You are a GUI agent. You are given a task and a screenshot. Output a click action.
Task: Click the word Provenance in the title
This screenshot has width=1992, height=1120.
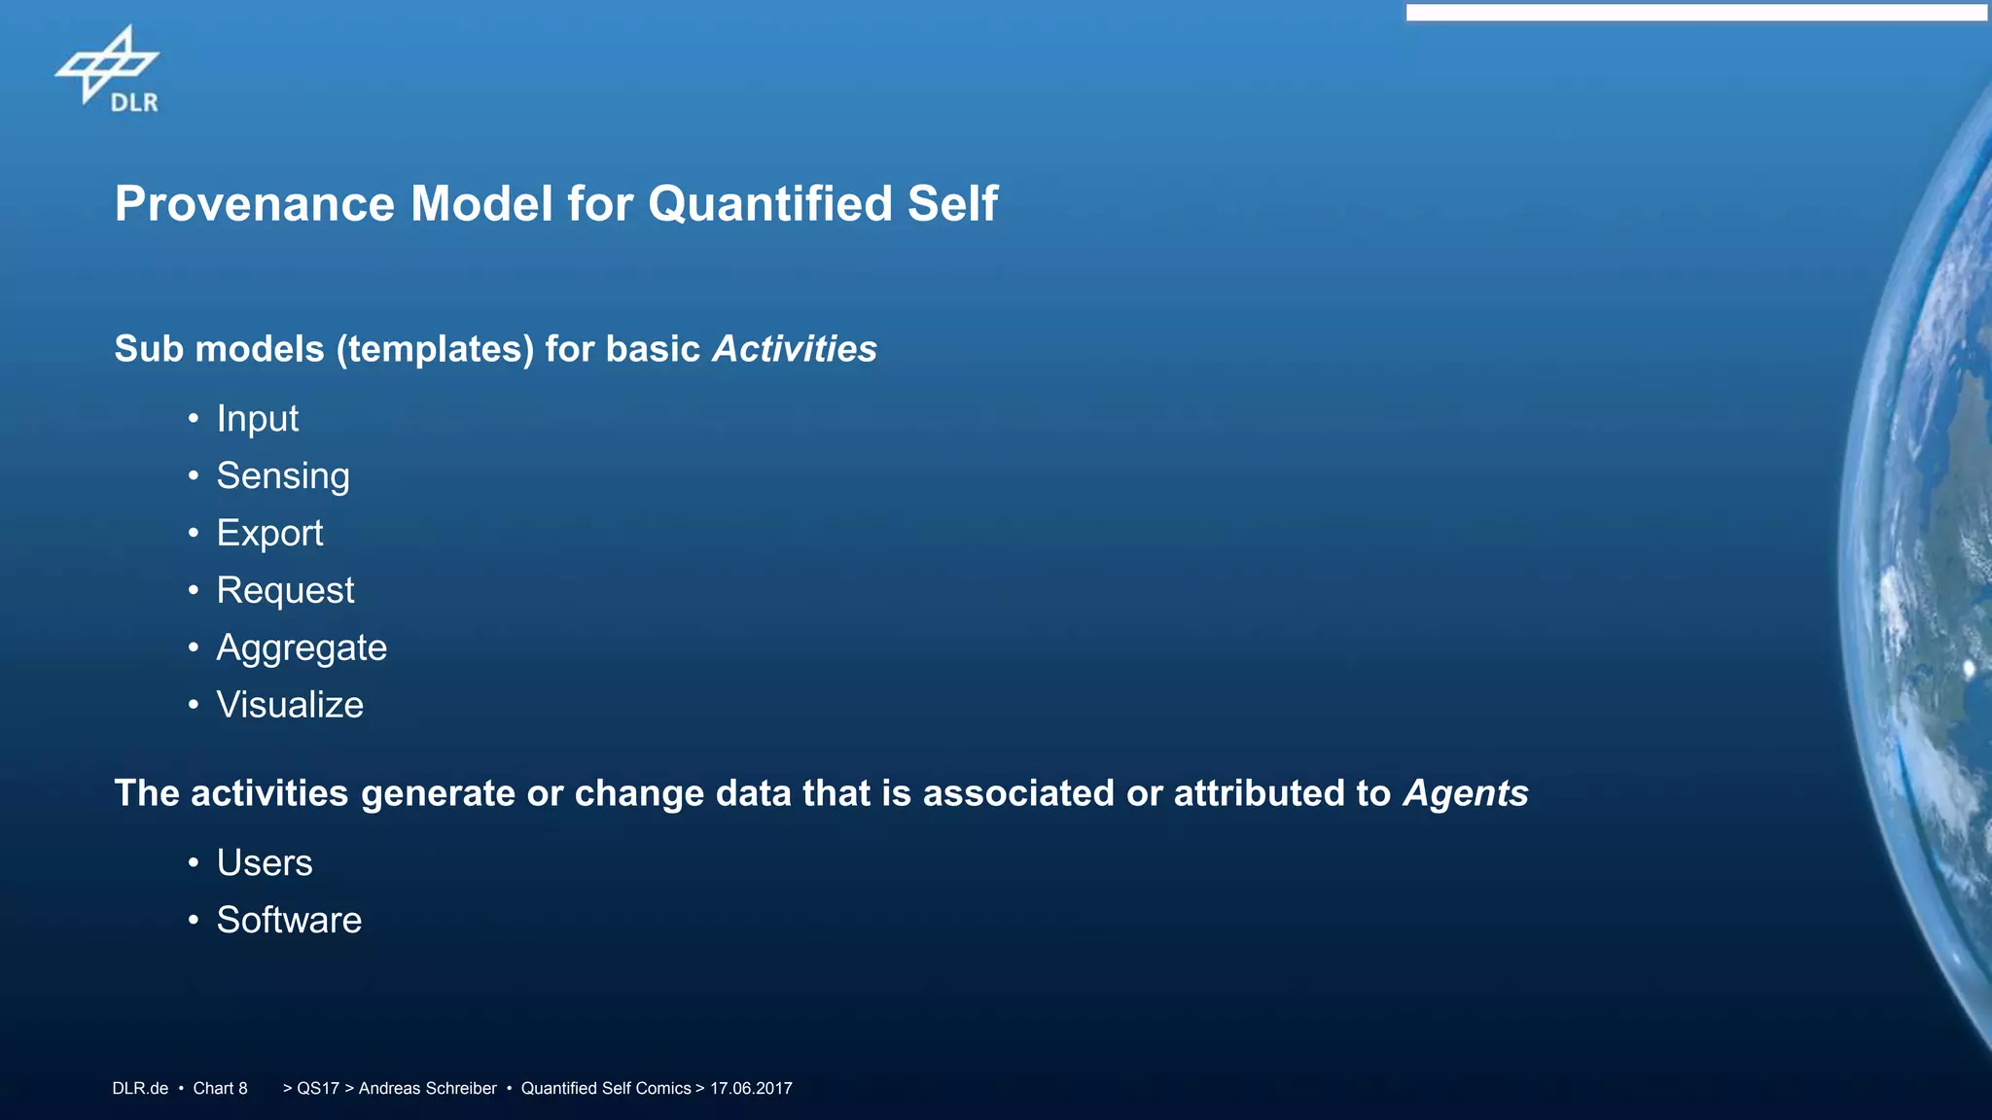click(x=255, y=204)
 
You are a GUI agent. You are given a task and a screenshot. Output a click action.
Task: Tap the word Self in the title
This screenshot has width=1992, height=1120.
click(x=952, y=204)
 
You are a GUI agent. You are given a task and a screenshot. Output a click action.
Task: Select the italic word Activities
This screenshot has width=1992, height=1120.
click(x=794, y=349)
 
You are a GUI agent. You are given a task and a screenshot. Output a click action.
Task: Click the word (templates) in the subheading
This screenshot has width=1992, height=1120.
click(x=435, y=349)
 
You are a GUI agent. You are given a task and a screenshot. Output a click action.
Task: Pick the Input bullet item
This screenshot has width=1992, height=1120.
click(x=257, y=419)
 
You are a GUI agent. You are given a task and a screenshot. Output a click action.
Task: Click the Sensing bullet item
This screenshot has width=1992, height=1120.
click(x=282, y=476)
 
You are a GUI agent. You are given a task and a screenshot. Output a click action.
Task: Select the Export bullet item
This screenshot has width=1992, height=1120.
click(x=269, y=534)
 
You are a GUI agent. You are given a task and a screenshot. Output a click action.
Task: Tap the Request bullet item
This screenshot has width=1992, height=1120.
click(x=285, y=591)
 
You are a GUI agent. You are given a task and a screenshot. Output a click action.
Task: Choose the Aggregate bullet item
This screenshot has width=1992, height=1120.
click(x=302, y=648)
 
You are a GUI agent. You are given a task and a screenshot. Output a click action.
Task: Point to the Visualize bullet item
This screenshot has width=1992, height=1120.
click(x=290, y=705)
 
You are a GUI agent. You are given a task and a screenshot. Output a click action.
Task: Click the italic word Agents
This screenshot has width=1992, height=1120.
click(x=1465, y=793)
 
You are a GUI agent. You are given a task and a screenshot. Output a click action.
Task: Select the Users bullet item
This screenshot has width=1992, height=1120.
click(x=264, y=863)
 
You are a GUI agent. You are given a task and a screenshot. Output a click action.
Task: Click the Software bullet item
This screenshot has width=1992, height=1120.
click(x=289, y=921)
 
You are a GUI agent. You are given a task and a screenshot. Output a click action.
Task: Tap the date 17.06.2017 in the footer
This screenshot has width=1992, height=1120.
click(x=751, y=1089)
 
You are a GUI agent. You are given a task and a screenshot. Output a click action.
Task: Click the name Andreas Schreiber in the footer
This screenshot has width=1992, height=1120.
click(x=427, y=1089)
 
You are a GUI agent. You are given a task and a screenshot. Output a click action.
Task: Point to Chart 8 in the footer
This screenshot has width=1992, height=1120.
click(x=220, y=1089)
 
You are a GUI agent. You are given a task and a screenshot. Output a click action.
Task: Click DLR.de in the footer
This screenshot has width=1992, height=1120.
click(x=140, y=1089)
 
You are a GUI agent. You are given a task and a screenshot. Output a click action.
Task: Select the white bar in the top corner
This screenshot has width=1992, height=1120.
click(x=1696, y=13)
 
